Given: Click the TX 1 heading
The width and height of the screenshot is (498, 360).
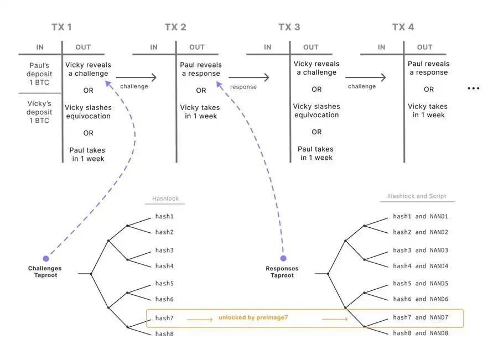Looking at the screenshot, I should point(61,27).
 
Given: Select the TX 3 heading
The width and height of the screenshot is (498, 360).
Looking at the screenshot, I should point(289,27).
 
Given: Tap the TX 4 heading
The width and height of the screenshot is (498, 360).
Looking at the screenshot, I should point(403,27).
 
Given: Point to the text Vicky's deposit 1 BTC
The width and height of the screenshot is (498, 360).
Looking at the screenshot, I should point(39,112).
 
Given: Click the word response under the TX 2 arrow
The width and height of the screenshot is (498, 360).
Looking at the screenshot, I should point(243,87).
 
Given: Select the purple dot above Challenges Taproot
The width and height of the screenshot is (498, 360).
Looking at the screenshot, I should point(45,258).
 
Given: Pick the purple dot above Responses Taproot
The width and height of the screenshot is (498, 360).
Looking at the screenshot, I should point(283,258).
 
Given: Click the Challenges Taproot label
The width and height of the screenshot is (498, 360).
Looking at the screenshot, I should point(45,272).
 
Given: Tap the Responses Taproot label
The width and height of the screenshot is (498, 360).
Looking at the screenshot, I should point(282,272).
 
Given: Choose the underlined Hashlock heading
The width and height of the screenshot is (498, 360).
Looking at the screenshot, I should point(165,199).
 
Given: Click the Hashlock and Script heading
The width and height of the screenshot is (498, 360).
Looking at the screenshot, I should point(417,196).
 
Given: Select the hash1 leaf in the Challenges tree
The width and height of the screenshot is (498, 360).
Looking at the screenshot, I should point(164,217).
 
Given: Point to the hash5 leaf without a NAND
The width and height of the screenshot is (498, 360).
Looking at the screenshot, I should point(164,283).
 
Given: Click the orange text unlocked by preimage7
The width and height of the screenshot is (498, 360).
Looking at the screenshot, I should point(253,318).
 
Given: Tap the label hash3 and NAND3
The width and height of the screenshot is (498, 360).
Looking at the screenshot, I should point(421,250).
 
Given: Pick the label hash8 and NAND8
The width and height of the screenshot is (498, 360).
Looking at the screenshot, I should point(421,333).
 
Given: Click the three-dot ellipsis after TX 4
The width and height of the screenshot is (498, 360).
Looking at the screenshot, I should point(473,88).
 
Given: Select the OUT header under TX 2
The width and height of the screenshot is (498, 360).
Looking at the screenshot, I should point(197,48).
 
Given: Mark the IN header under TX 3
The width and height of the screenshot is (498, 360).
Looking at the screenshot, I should point(268,48).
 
